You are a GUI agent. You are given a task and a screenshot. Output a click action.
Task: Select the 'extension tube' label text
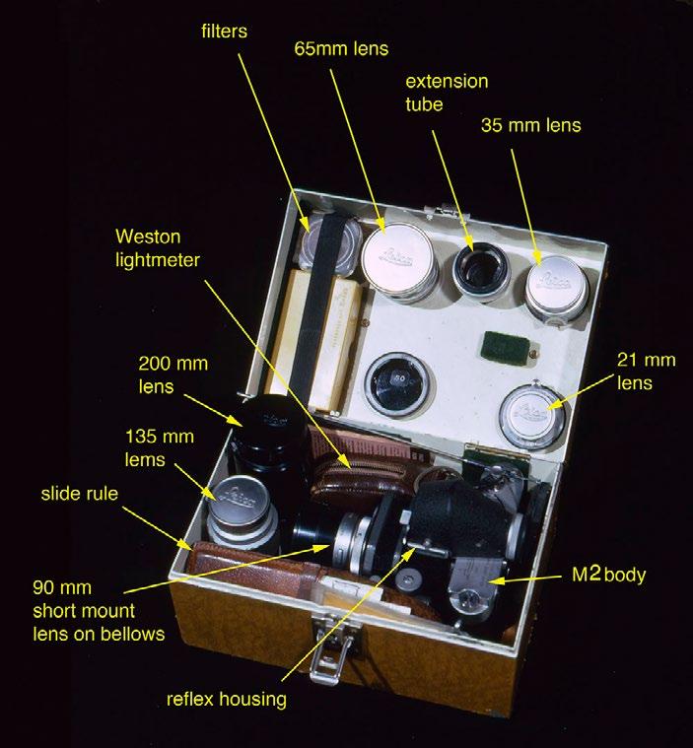449,92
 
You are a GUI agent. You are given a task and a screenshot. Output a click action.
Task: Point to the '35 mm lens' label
531,125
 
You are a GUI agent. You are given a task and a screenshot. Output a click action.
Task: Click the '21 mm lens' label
635,372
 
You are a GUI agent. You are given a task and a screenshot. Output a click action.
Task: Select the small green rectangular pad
502,349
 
